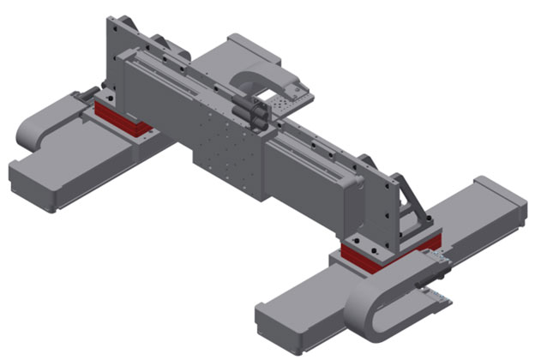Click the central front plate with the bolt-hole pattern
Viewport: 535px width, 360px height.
point(225,158)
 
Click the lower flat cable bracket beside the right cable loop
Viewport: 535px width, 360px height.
point(433,296)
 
